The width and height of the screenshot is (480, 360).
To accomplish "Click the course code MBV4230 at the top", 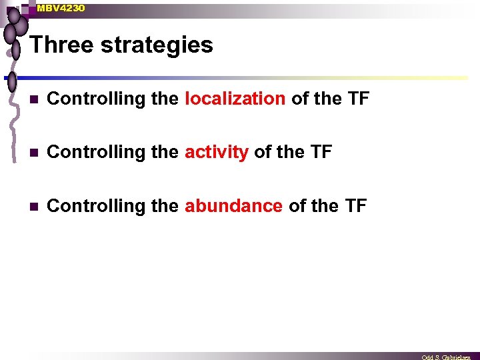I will (61, 8).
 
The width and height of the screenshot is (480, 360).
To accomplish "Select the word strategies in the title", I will (157, 45).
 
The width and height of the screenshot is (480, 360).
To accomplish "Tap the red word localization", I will (235, 99).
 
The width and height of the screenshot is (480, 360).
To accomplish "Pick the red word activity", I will (217, 152).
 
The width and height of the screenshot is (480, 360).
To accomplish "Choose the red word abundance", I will (233, 206).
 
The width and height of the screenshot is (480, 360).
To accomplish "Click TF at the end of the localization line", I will (358, 99).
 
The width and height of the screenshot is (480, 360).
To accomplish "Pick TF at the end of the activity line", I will (321, 152).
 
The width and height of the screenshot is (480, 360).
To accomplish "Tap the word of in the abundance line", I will (297, 206).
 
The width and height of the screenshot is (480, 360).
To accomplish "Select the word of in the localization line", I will (300, 99).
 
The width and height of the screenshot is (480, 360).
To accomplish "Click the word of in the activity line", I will (263, 152).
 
